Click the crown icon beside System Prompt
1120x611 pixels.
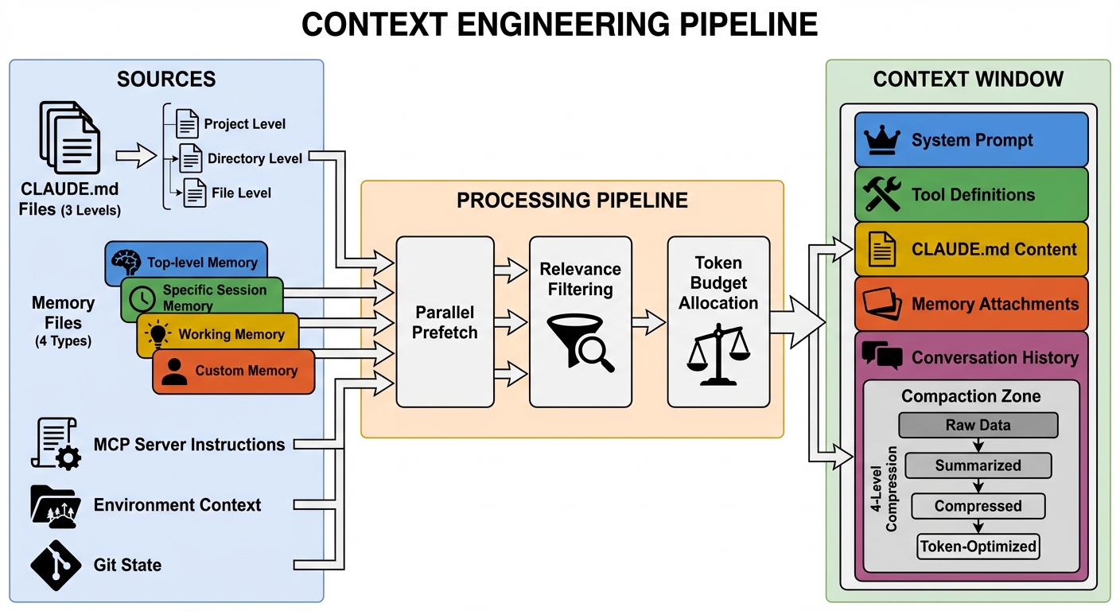click(881, 140)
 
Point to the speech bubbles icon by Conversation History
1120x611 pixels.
click(881, 356)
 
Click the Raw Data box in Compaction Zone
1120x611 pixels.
click(978, 425)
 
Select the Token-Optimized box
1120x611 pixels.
click(978, 546)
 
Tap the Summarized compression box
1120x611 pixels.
click(978, 465)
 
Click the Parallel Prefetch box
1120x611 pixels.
click(445, 321)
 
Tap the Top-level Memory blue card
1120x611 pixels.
click(186, 262)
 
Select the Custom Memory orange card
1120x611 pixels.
click(233, 371)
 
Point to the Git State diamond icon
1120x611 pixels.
click(56, 565)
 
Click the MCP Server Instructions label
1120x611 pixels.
click(189, 444)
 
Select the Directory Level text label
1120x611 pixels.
click(255, 158)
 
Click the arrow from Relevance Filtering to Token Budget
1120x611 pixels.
click(649, 322)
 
